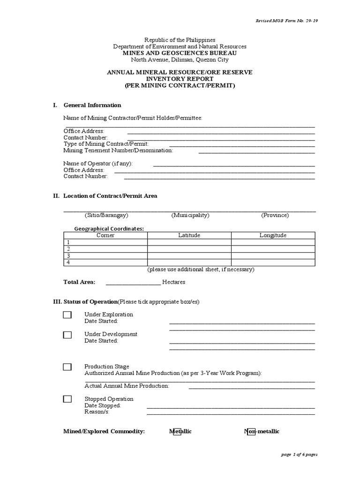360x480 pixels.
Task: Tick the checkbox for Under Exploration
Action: [67, 315]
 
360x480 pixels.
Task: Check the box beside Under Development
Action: [67, 335]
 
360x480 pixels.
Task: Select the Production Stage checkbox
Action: [67, 367]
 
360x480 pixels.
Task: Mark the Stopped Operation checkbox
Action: [67, 399]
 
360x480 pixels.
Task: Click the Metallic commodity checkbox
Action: [177, 432]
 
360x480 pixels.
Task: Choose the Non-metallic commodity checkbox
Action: [251, 432]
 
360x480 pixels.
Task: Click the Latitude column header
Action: [189, 235]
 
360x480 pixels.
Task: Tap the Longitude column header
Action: [273, 235]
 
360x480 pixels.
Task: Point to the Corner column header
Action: [105, 235]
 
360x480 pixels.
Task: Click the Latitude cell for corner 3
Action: [189, 256]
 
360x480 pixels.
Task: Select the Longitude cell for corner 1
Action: [273, 242]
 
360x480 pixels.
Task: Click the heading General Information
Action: [92, 105]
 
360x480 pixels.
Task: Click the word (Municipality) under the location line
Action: [190, 215]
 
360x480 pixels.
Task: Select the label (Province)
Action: [275, 215]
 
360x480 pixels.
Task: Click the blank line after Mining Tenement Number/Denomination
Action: [256, 152]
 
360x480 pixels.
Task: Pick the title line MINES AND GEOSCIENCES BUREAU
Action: [180, 53]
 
